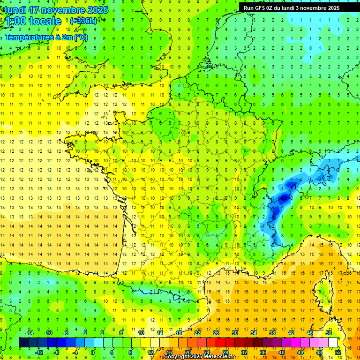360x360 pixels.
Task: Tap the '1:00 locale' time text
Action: [33, 21]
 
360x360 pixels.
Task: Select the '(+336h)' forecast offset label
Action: [83, 21]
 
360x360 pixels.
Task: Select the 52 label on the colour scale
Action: [338, 352]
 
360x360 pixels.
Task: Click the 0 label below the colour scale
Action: [93, 352]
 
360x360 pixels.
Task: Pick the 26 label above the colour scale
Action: [216, 333]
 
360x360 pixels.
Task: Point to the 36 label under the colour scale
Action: [263, 352]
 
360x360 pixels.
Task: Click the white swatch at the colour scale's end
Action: [333, 343]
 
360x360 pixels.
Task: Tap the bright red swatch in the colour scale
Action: [221, 343]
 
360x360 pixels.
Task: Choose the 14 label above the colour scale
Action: [160, 333]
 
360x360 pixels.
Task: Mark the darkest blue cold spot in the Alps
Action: [283, 198]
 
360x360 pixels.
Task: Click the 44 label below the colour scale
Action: [300, 352]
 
